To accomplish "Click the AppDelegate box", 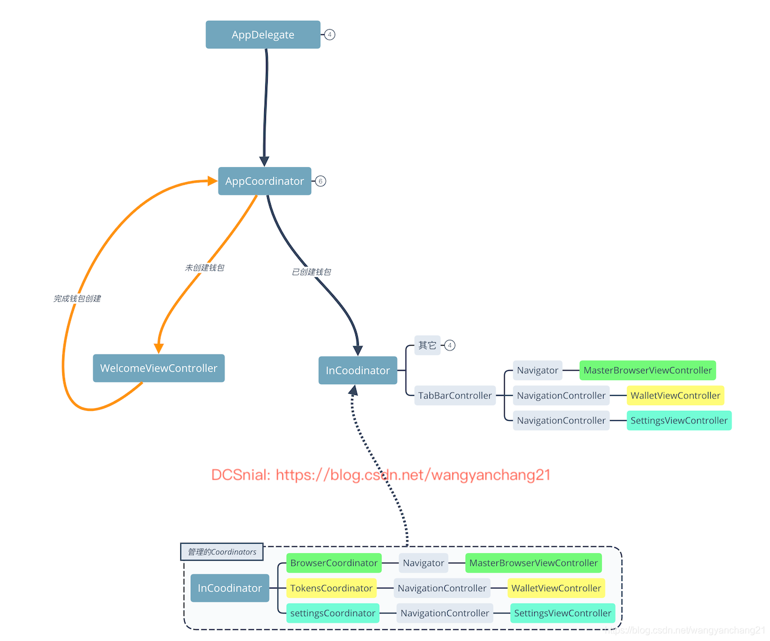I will click(x=263, y=35).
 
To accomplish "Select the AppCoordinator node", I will click(x=264, y=181).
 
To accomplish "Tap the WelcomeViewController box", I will click(x=159, y=368).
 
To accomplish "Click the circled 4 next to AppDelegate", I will click(x=330, y=35).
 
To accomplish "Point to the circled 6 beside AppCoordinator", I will click(x=320, y=181).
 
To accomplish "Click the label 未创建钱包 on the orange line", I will click(x=205, y=268).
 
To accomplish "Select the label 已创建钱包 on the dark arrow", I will click(x=312, y=272).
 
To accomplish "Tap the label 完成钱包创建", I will click(x=78, y=299).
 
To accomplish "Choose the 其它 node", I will click(x=427, y=345).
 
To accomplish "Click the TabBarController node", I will click(x=455, y=396).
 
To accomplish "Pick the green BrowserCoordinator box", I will click(x=333, y=563).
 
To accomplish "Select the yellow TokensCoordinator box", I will click(x=331, y=588).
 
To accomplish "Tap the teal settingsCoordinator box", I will click(x=332, y=613).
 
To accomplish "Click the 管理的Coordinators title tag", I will click(x=222, y=552).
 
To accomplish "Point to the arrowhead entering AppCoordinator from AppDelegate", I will click(x=264, y=161).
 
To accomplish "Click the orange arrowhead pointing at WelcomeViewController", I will click(x=159, y=348).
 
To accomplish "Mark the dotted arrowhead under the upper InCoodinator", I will click(x=353, y=391).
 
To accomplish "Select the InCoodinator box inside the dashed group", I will click(x=230, y=588).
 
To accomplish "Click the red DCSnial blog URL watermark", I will click(x=381, y=475).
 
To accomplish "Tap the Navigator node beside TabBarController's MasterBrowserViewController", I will click(x=537, y=371).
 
